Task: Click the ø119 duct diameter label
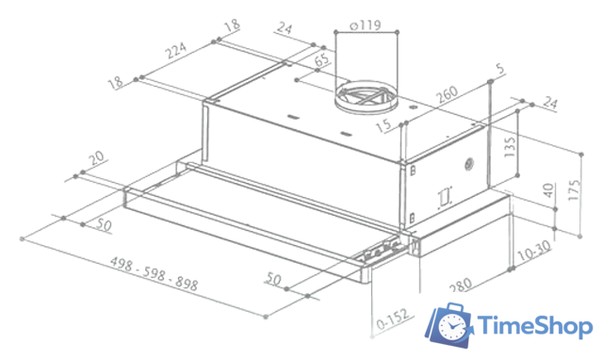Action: tap(363, 26)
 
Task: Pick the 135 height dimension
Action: tap(509, 150)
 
